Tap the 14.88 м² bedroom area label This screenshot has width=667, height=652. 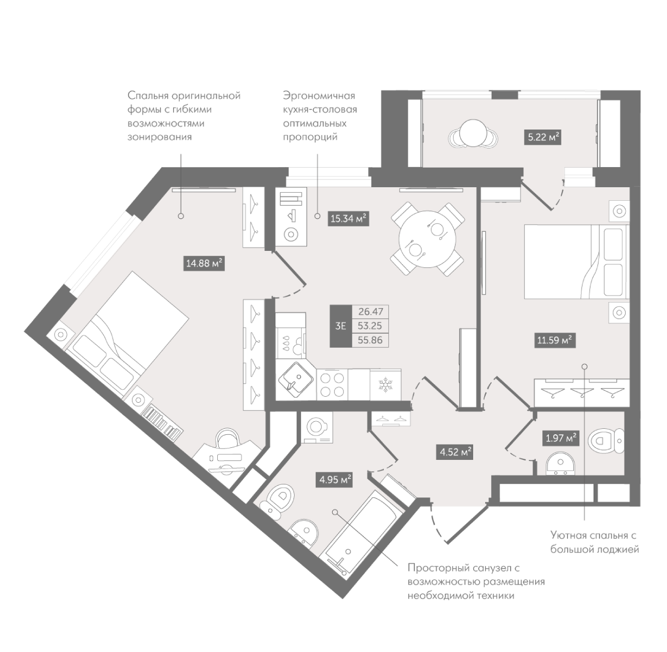204,263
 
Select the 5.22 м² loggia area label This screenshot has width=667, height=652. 542,137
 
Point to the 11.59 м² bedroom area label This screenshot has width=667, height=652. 555,340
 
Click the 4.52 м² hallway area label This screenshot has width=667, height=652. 456,452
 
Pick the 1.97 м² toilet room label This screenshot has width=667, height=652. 561,438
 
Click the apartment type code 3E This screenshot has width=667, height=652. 341,326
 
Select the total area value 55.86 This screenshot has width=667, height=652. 370,340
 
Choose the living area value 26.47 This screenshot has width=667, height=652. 370,312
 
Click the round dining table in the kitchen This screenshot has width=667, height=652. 428,239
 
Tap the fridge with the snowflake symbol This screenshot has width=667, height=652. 385,384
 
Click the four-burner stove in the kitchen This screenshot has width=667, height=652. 332,384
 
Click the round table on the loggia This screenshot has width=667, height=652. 473,133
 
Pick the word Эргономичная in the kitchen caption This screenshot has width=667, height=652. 319,96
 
